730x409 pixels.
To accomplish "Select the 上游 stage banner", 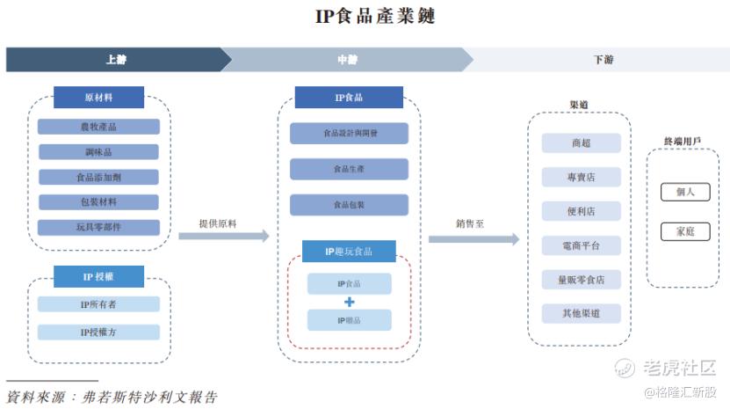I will pos(115,60).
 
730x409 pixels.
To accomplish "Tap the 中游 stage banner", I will pos(348,60).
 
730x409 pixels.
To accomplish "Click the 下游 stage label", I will pos(603,60).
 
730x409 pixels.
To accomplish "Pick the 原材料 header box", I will pos(98,97).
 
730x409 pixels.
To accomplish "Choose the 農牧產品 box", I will pos(98,127).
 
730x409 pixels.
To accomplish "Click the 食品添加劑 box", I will pos(98,177).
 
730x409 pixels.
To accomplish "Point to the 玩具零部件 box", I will pos(98,227).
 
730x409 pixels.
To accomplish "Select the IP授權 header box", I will pos(98,276).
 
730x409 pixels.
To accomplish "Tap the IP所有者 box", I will pos(98,304).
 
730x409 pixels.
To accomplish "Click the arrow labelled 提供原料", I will pos(224,236).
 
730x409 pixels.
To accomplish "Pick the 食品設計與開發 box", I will pos(349,134).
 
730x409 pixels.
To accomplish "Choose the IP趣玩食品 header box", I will pos(349,252).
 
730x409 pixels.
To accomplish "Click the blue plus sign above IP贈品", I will pos(349,302).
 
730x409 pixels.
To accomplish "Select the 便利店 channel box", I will pos(581,211).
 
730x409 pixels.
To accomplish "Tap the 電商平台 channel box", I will pos(581,245).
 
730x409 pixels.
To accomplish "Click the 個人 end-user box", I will pos(685,192).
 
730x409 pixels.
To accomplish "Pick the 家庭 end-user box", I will pos(685,231).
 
